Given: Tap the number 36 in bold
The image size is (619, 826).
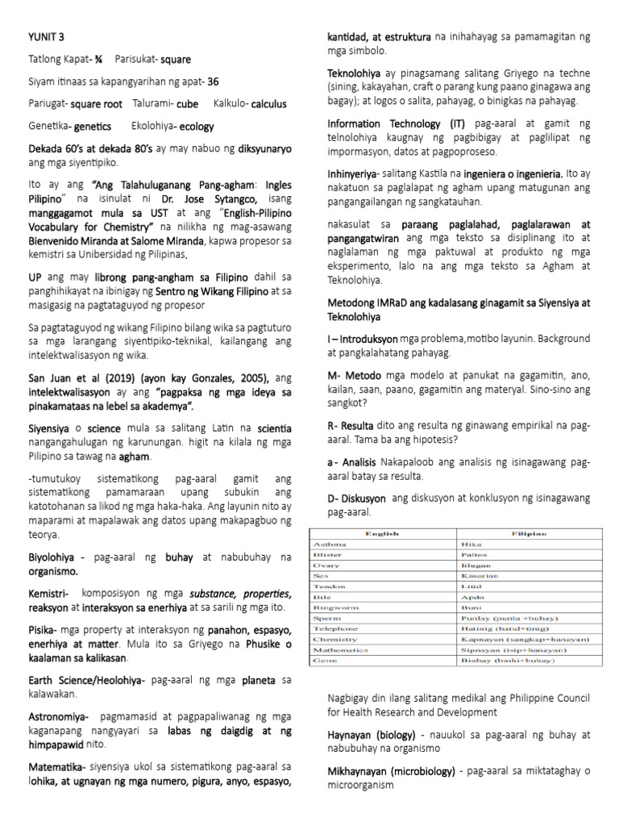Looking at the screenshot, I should tap(213, 81).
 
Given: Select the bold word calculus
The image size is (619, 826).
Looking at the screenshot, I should tap(269, 104).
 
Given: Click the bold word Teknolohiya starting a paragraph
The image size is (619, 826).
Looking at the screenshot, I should tap(359, 73).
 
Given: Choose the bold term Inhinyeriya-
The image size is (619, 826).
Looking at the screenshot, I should tap(355, 173).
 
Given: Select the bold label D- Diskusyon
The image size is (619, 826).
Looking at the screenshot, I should tap(357, 499).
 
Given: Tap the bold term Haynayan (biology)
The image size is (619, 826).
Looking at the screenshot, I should tap(371, 735).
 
